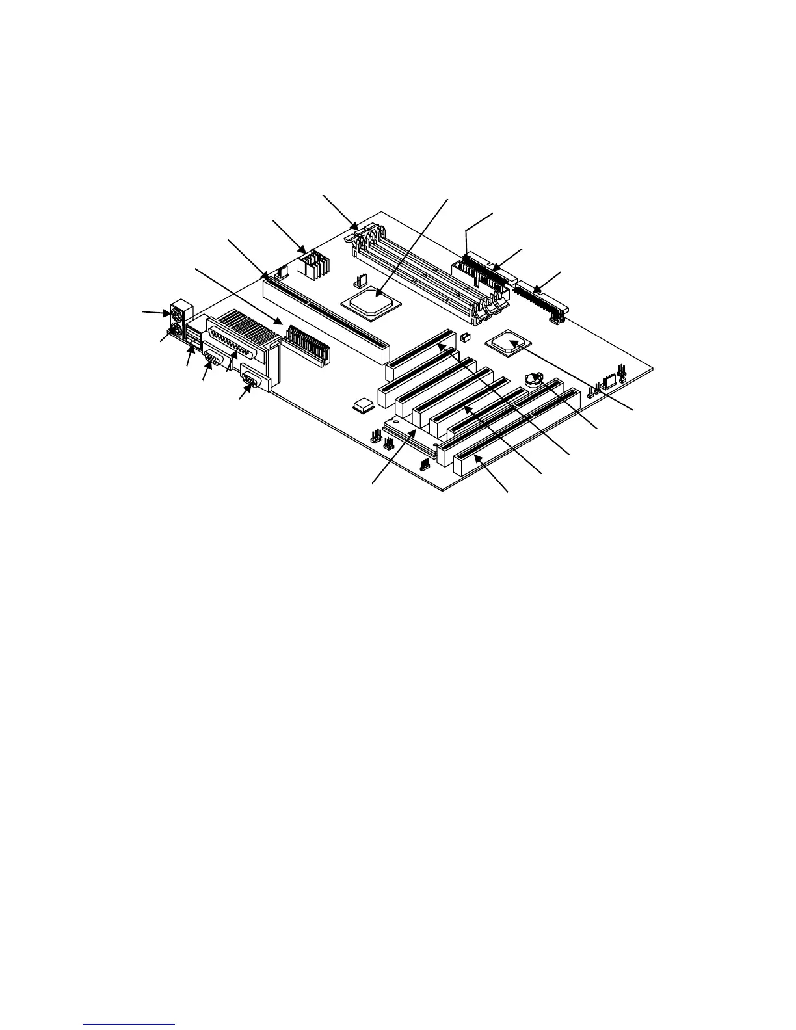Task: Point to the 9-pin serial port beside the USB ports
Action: pyautogui.click(x=213, y=361)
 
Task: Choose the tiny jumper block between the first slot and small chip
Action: pyautogui.click(x=465, y=337)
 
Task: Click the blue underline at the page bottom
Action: pyautogui.click(x=129, y=1024)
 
